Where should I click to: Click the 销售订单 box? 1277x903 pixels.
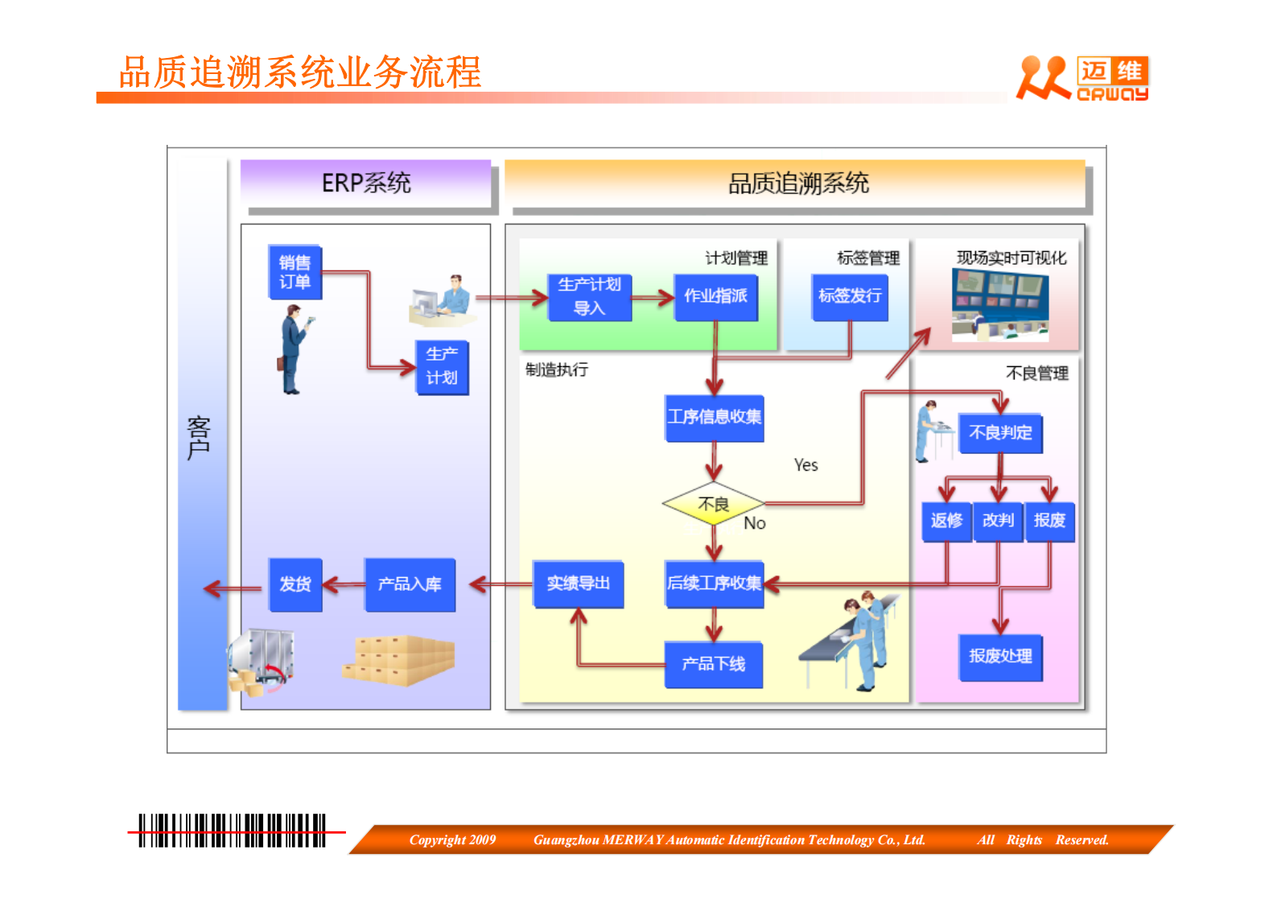pyautogui.click(x=295, y=272)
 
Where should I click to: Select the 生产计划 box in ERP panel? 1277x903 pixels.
pyautogui.click(x=442, y=367)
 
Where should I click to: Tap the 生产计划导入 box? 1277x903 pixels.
pyautogui.click(x=590, y=297)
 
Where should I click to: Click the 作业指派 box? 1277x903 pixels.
pyautogui.click(x=715, y=297)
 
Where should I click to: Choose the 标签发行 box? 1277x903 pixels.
pyautogui.click(x=850, y=297)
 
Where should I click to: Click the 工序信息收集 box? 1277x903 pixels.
pyautogui.click(x=714, y=417)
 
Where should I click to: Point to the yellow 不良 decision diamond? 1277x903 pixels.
pyautogui.click(x=713, y=505)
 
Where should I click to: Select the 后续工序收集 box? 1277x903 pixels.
pyautogui.click(x=714, y=583)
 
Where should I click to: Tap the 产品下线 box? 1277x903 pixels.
pyautogui.click(x=713, y=664)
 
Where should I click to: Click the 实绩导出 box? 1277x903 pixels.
pyautogui.click(x=578, y=583)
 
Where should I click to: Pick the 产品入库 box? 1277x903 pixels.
pyautogui.click(x=410, y=584)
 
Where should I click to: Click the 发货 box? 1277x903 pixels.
pyautogui.click(x=295, y=584)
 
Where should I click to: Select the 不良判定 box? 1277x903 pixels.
pyautogui.click(x=1000, y=433)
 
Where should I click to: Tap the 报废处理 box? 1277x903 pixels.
pyautogui.click(x=1000, y=657)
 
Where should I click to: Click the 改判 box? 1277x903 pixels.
pyautogui.click(x=998, y=522)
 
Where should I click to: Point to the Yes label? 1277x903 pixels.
pyautogui.click(x=805, y=465)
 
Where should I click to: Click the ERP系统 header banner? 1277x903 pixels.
pyautogui.click(x=366, y=183)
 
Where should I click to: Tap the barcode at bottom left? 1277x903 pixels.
pyautogui.click(x=232, y=831)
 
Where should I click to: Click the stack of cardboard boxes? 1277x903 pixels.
pyautogui.click(x=400, y=660)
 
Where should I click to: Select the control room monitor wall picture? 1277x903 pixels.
pyautogui.click(x=1000, y=305)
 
